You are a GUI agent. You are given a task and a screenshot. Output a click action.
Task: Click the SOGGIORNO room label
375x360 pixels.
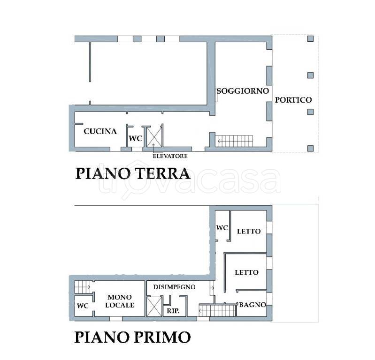point(243,91)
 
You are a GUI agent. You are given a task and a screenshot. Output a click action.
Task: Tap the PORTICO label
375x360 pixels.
point(293,100)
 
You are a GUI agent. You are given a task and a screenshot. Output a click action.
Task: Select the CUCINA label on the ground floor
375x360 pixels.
point(100,131)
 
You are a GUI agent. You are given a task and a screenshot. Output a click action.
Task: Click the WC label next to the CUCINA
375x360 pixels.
point(135,138)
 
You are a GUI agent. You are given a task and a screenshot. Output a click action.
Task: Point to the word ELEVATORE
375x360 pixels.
point(170,156)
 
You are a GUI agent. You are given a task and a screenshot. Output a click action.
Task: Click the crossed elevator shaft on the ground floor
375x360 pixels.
point(154,137)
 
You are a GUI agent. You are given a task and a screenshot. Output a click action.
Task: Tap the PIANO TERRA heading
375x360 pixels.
point(133,173)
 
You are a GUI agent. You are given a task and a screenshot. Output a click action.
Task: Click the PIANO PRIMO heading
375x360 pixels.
point(133,337)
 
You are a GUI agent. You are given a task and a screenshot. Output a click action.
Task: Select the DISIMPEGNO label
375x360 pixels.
point(174,287)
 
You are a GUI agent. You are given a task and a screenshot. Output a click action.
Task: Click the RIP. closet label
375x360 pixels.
point(173,311)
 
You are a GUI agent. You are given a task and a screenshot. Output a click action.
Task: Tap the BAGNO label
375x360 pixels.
point(253,305)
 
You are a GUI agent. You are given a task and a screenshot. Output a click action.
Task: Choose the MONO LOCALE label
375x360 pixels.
point(120,301)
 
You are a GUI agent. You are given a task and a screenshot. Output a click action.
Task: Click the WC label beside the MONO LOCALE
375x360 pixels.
point(83,306)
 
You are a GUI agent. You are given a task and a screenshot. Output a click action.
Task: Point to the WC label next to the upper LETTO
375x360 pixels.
point(222,228)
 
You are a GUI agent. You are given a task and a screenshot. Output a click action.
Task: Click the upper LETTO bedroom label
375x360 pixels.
point(249,231)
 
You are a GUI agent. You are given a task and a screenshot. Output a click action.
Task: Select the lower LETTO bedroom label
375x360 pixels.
point(246,272)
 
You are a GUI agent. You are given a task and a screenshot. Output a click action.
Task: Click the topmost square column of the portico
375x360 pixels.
point(310,39)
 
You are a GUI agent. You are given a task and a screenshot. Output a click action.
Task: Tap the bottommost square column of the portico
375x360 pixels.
point(310,148)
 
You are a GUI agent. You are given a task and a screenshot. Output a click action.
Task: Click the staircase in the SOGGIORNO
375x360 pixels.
point(235,141)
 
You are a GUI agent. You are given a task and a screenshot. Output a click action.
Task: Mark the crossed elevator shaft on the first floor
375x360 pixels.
point(154,307)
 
